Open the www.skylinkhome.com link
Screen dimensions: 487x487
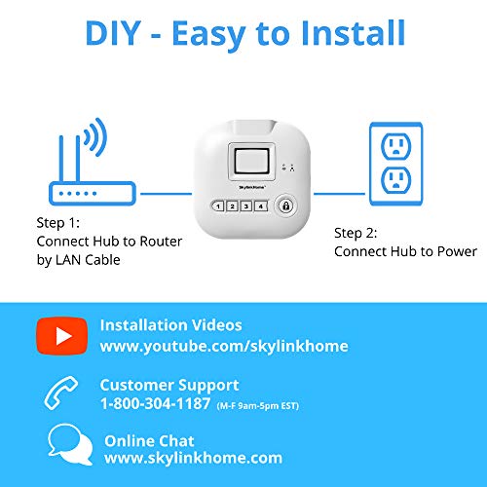193,458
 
